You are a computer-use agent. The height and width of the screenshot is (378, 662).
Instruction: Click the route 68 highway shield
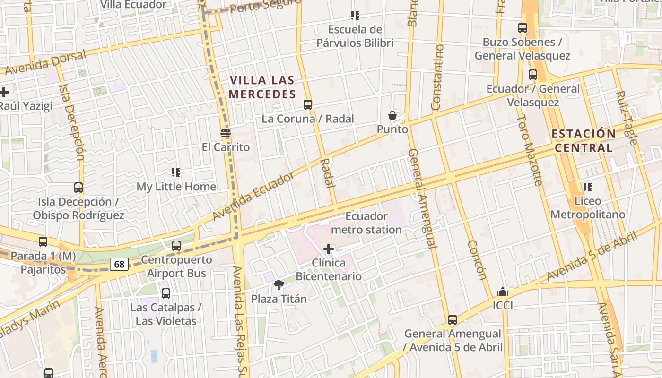tap(119, 264)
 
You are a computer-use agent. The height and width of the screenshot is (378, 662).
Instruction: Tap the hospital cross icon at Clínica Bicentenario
tap(329, 249)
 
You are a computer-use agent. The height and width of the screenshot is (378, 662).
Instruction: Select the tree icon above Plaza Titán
tap(279, 284)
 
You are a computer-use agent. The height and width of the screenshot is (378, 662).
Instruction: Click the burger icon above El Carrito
tap(226, 133)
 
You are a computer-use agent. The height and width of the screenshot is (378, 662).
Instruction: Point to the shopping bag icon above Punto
tap(392, 115)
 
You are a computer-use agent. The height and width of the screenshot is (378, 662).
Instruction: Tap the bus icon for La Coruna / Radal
tap(308, 105)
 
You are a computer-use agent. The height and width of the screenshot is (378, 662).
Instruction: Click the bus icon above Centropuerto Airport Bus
tap(176, 246)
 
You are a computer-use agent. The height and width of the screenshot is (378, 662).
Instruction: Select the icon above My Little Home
tap(176, 172)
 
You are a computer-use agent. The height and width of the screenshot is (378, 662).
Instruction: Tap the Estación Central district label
tap(584, 140)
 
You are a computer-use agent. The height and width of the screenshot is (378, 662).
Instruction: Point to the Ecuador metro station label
tap(366, 223)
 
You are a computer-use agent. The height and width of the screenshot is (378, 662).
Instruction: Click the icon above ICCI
tap(503, 292)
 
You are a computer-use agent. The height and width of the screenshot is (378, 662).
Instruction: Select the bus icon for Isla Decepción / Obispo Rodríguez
tap(78, 188)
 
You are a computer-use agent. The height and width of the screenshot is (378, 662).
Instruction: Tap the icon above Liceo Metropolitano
tap(588, 187)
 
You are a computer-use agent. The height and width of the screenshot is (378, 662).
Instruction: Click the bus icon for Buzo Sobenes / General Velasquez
tap(523, 28)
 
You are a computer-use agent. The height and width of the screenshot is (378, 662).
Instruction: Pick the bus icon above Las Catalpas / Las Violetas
tap(166, 293)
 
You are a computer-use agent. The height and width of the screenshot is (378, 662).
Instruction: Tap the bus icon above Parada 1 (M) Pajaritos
tap(43, 242)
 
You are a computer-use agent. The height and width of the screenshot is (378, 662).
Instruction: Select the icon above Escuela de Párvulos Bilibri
tap(355, 16)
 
